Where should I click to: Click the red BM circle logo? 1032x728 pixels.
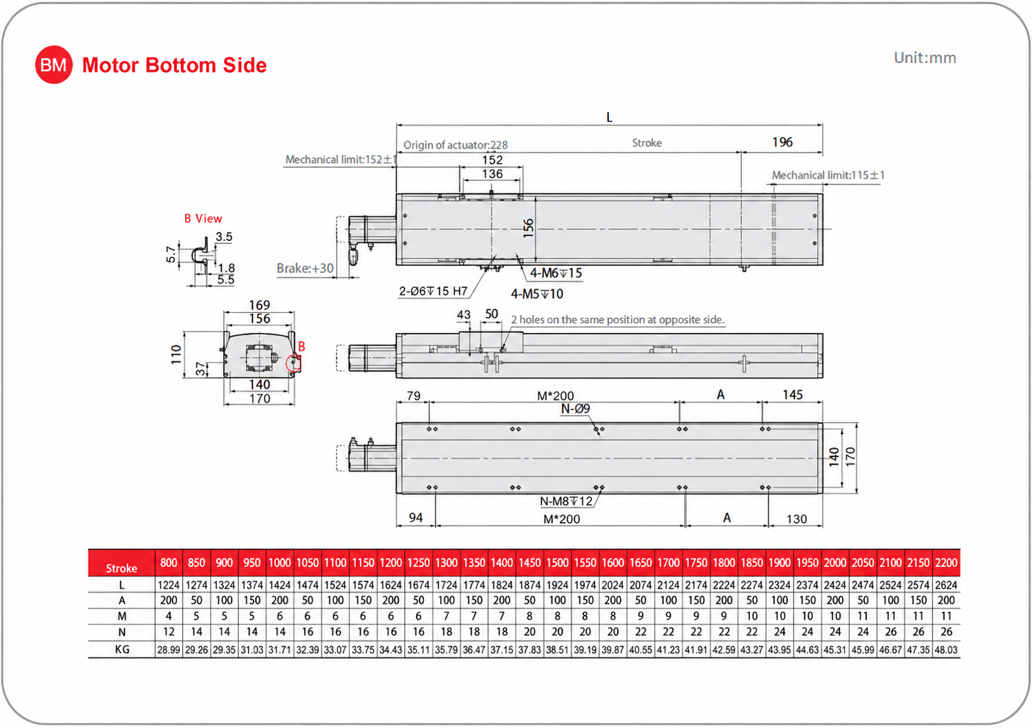click(54, 65)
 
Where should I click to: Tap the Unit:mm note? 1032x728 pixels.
click(925, 58)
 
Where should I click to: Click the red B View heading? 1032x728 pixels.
click(203, 218)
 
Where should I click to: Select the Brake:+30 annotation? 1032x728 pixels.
click(305, 268)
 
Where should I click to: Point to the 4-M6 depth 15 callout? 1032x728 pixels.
click(556, 273)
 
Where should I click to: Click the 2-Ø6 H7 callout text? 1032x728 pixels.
click(433, 291)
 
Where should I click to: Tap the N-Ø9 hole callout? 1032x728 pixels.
click(575, 408)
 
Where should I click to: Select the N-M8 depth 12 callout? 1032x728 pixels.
click(566, 501)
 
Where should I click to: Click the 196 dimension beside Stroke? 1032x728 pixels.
click(782, 142)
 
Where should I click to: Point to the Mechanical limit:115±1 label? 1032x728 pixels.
click(828, 175)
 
